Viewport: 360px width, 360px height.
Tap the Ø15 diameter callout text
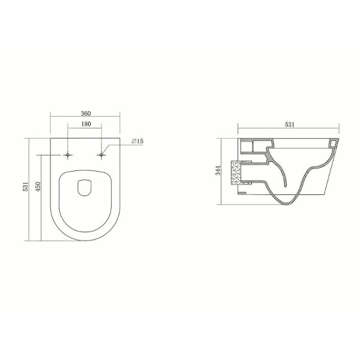click(136, 141)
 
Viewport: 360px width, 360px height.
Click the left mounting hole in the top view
click(68, 155)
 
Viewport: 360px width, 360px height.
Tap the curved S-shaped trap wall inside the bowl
click(277, 174)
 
